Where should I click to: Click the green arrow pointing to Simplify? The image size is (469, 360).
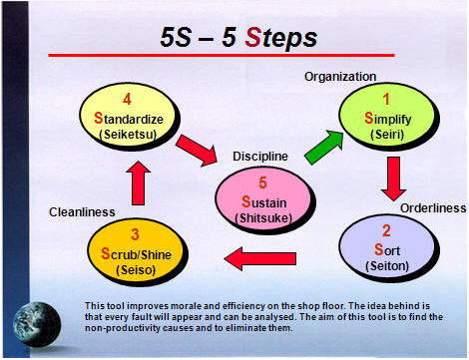point(324,148)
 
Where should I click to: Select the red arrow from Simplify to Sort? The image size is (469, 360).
point(393,179)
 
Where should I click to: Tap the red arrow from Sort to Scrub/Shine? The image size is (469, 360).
point(260,258)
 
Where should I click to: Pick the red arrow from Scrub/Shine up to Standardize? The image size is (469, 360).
point(138,183)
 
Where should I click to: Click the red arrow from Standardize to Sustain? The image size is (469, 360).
point(197,151)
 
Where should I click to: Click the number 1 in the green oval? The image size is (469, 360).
point(386,100)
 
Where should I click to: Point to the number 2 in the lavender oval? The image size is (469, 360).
point(386,230)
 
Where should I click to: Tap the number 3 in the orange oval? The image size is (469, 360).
point(135,234)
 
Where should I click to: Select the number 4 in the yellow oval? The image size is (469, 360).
point(127,100)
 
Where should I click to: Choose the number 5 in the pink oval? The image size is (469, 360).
point(262,182)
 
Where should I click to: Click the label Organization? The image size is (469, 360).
point(340,77)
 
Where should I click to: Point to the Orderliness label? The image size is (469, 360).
point(433,208)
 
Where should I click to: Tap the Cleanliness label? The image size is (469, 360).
point(82,212)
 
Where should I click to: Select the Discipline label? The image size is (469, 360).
point(260,157)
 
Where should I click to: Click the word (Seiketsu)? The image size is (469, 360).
point(128,135)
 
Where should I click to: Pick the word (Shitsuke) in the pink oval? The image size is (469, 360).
point(263,218)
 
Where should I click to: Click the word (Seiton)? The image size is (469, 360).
point(387,266)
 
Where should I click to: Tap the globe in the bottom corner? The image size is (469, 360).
point(37,324)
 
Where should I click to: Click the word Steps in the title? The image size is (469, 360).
point(281,38)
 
